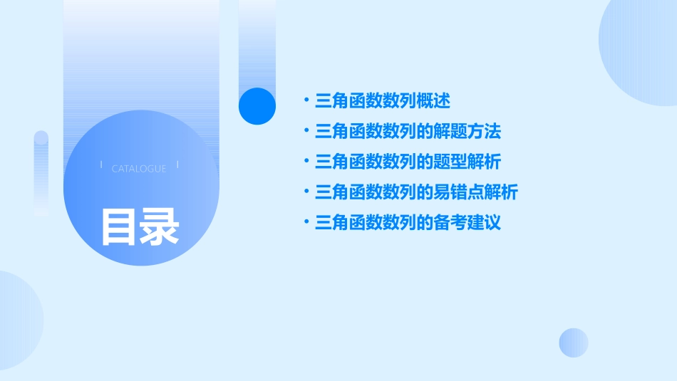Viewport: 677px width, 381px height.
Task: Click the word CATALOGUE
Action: pyautogui.click(x=139, y=169)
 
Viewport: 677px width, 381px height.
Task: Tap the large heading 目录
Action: pyautogui.click(x=140, y=226)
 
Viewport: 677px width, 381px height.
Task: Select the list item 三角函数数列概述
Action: pyautogui.click(x=383, y=101)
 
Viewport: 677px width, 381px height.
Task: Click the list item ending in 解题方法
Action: pyautogui.click(x=408, y=132)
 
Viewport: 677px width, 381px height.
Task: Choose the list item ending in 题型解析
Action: pyautogui.click(x=408, y=162)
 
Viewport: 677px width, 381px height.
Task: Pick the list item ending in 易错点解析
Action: pyautogui.click(x=416, y=192)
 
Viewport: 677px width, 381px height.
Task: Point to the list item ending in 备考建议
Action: pyautogui.click(x=408, y=223)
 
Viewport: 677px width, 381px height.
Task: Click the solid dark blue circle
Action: pyautogui.click(x=257, y=106)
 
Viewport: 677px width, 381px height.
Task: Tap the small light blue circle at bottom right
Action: pyautogui.click(x=574, y=343)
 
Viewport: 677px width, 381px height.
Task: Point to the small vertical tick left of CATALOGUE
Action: pyautogui.click(x=101, y=165)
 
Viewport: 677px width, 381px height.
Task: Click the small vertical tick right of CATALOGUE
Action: pyautogui.click(x=177, y=165)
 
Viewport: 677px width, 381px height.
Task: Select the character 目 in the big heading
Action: pyautogui.click(x=118, y=226)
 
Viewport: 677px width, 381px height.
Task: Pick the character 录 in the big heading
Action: pyautogui.click(x=160, y=226)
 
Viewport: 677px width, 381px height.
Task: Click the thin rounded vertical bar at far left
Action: pyautogui.click(x=41, y=171)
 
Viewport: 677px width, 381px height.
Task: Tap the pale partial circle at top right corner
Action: pyautogui.click(x=641, y=50)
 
